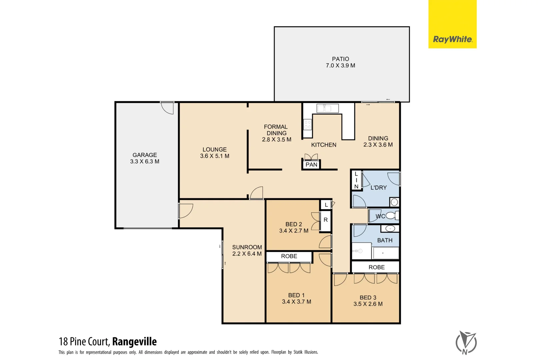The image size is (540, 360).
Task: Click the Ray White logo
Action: point(452,39)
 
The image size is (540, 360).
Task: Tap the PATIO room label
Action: point(340,59)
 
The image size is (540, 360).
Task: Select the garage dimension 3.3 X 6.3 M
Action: point(145,162)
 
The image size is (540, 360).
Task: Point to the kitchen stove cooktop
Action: point(307,125)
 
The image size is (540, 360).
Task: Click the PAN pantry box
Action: point(311,165)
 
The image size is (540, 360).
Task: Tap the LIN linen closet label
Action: point(356,180)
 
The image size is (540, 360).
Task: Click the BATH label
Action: point(385,240)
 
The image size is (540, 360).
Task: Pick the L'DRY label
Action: point(379,188)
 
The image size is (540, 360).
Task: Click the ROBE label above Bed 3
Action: point(376,267)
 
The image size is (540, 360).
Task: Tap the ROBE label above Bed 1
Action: point(289,256)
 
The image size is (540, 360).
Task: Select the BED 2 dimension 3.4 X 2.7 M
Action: point(294,231)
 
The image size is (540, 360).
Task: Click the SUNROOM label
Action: point(247,247)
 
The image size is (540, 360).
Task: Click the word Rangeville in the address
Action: point(134,342)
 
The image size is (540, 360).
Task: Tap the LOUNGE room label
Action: point(214,150)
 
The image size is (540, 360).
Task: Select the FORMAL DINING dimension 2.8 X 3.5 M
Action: point(276,140)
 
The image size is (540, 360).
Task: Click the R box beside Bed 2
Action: point(326,220)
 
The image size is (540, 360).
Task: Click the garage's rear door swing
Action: point(168,108)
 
